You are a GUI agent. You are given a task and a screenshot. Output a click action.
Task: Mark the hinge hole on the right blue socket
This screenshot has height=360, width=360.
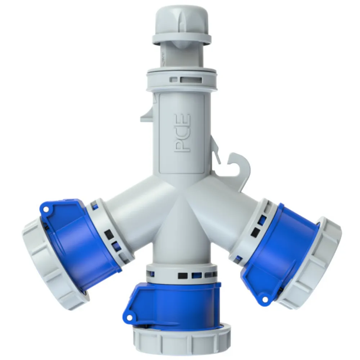[x=265, y=299]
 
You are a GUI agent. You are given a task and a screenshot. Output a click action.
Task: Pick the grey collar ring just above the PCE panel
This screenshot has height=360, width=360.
[x=182, y=80]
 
